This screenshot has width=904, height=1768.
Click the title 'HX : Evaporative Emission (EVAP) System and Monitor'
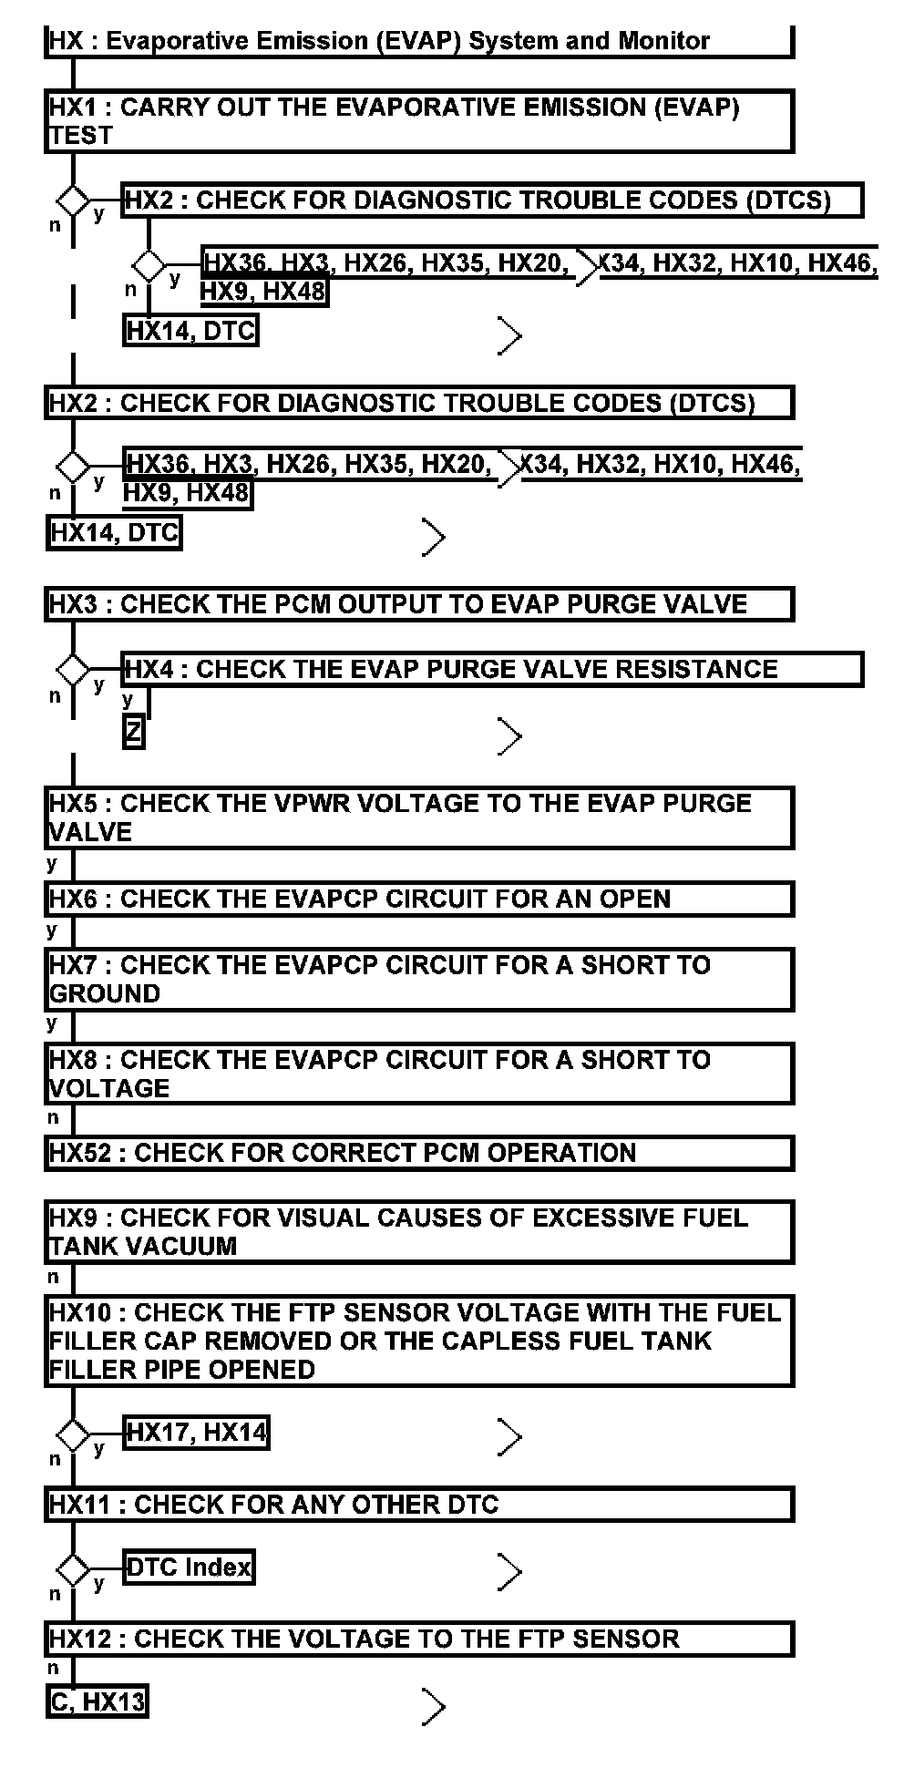click(379, 41)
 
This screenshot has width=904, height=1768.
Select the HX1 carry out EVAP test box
click(418, 121)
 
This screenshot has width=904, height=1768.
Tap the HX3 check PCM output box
click(418, 604)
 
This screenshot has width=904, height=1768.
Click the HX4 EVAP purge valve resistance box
click(492, 669)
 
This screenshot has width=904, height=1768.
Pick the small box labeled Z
click(133, 733)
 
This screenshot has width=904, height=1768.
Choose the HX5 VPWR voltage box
click(418, 817)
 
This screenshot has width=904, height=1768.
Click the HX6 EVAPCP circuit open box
click(418, 899)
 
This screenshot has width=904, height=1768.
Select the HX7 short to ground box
click(418, 979)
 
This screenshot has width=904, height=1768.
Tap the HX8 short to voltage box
click(418, 1074)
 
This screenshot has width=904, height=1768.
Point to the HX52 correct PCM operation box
click(418, 1153)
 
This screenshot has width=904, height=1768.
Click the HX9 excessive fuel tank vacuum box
click(418, 1231)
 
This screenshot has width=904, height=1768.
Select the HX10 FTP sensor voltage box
click(418, 1341)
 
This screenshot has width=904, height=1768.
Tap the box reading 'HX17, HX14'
click(196, 1433)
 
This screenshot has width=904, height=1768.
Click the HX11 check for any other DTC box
click(418, 1505)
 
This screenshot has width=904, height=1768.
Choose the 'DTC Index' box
click(189, 1568)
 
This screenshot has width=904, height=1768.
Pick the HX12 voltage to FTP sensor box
click(418, 1639)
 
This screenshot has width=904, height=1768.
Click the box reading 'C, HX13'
click(97, 1701)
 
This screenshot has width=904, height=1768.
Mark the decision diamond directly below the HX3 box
click(73, 671)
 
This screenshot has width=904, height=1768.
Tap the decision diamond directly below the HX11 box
click(73, 1570)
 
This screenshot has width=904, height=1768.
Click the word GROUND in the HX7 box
click(105, 993)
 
